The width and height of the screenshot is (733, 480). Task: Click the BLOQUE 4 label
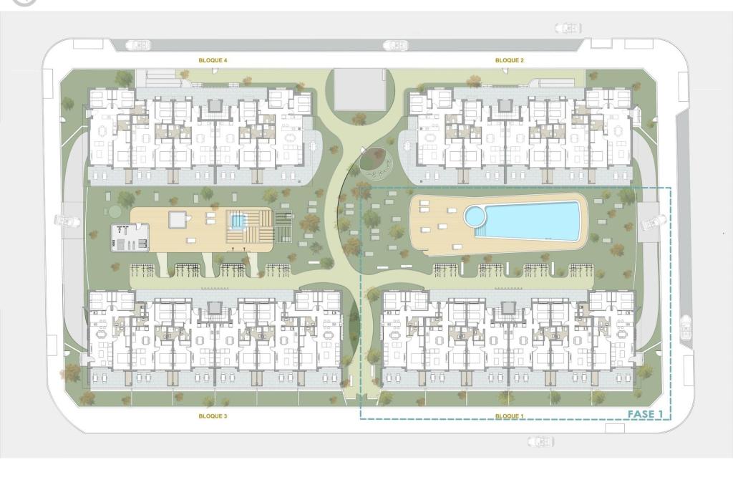coord(213,60)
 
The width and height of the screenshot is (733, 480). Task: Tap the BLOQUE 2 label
coord(510,60)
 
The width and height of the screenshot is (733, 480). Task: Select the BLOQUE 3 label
coord(213,416)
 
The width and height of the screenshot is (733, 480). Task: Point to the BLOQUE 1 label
coord(510,416)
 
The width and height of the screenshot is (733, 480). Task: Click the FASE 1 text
coord(645,414)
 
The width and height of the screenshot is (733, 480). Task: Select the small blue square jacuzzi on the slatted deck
coord(238,221)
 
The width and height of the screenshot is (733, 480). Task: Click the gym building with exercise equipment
coord(130,238)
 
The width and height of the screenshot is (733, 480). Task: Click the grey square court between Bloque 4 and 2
coord(359,90)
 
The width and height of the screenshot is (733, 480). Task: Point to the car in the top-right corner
coord(568,29)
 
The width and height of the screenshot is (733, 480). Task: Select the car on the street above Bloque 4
coord(138,45)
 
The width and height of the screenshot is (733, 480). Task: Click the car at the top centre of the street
coord(395,46)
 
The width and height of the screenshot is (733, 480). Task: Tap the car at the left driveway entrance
coord(68,220)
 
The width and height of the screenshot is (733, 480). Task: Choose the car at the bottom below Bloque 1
coord(541,441)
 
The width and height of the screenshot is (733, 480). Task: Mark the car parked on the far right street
coord(685,327)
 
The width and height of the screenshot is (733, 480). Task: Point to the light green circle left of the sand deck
coord(114,211)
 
